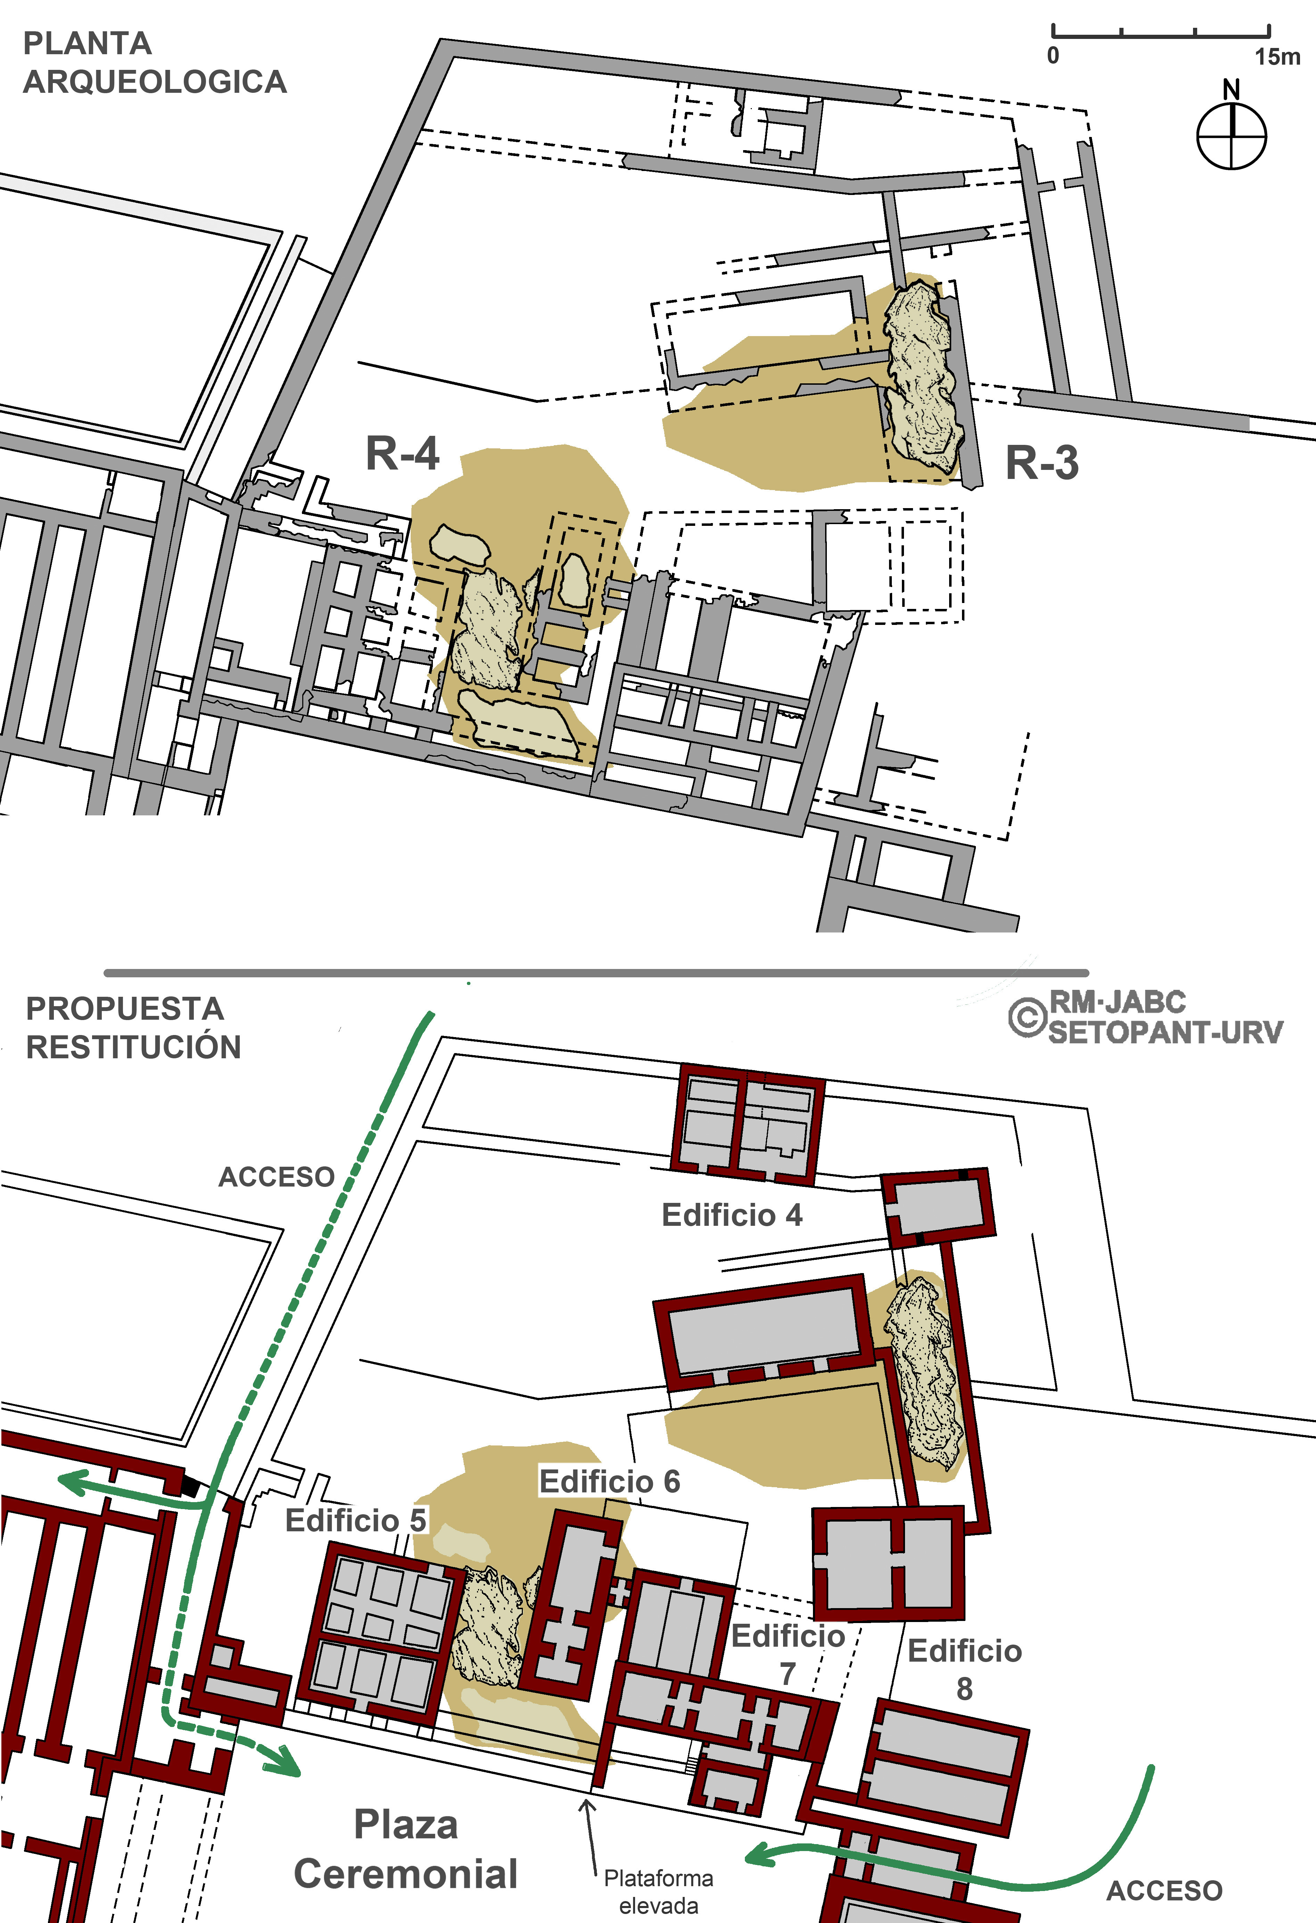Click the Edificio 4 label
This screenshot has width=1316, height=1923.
[732, 1215]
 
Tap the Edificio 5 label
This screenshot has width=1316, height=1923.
[356, 1520]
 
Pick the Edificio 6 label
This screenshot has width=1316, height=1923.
[610, 1481]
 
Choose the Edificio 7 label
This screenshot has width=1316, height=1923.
[788, 1655]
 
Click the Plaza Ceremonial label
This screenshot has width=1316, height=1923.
[405, 1849]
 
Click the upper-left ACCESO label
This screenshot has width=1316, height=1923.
[276, 1177]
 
